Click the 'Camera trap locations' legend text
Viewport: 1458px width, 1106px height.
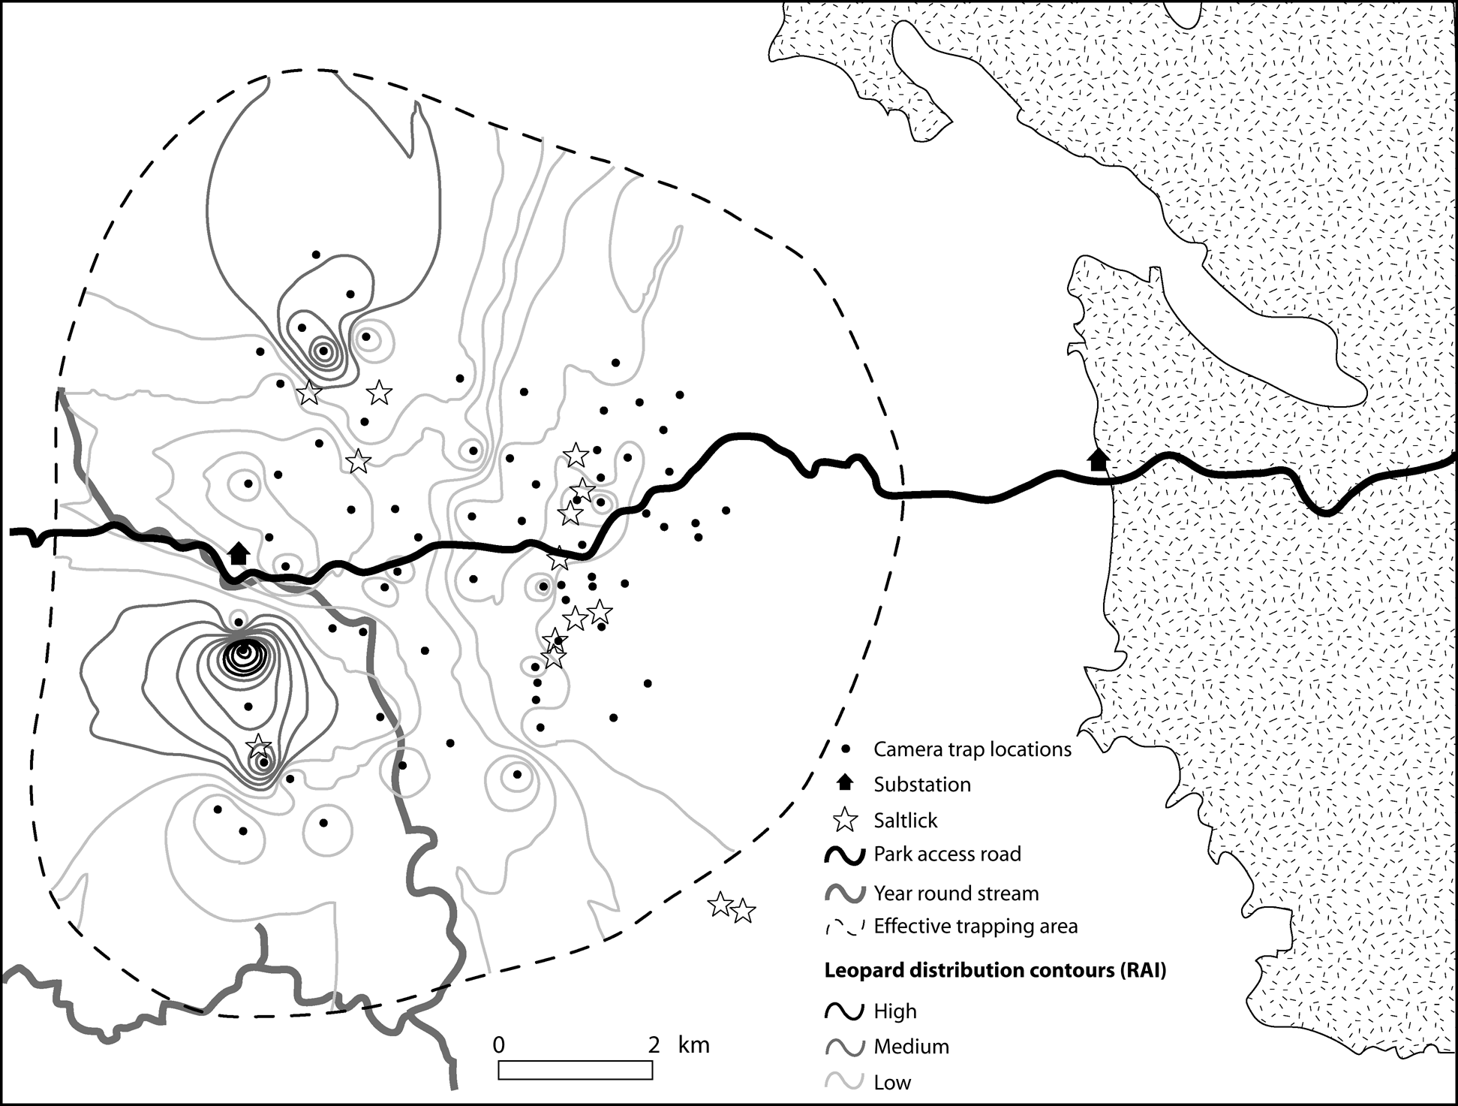tap(973, 749)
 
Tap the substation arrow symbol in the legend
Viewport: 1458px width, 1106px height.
tap(845, 783)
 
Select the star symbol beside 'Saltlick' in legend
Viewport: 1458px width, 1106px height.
tap(846, 820)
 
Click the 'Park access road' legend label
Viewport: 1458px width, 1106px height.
tap(947, 854)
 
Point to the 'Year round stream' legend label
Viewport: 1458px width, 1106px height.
tap(956, 894)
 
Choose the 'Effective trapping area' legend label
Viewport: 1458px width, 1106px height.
tap(976, 927)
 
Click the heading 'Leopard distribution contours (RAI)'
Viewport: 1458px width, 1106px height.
tap(995, 971)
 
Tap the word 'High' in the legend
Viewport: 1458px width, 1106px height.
tap(895, 1011)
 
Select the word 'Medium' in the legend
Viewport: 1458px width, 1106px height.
tap(911, 1047)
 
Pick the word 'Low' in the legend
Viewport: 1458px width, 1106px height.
tap(892, 1083)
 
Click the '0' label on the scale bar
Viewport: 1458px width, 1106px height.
tap(499, 1045)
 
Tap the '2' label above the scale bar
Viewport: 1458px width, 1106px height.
tap(654, 1045)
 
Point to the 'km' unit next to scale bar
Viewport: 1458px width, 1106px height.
tap(693, 1045)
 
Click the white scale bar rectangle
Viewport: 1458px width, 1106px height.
tap(575, 1070)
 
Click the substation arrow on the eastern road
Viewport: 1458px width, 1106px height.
tap(1098, 460)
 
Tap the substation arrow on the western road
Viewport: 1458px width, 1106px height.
tap(239, 553)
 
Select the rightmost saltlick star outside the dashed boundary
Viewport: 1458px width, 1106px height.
tap(743, 911)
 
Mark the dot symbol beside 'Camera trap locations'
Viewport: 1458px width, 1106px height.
tap(845, 749)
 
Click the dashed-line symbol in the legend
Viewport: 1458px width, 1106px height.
tap(845, 927)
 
